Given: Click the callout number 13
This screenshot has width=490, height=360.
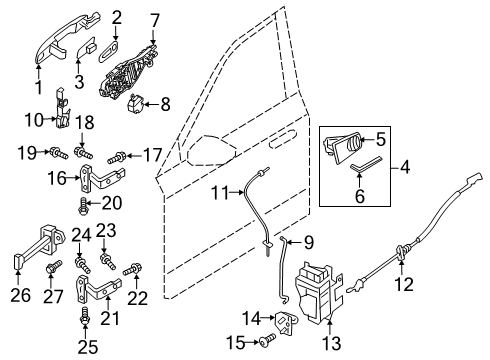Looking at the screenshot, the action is tap(332, 343).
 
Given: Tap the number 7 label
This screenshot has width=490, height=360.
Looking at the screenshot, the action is tap(153, 21).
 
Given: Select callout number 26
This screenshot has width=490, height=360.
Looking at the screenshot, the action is tap(20, 295).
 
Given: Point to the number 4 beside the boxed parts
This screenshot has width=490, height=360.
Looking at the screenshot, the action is tap(404, 167).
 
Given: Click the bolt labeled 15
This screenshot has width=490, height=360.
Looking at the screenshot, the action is tap(268, 340).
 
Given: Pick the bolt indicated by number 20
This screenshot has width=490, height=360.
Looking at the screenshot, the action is tap(82, 206).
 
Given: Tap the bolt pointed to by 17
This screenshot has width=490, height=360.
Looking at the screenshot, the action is tap(116, 157).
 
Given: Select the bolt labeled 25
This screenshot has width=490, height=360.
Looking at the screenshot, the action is tap(85, 316).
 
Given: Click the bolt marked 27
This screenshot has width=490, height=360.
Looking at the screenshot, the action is tap(53, 267).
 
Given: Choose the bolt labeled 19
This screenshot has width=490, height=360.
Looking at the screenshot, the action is tap(59, 153).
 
